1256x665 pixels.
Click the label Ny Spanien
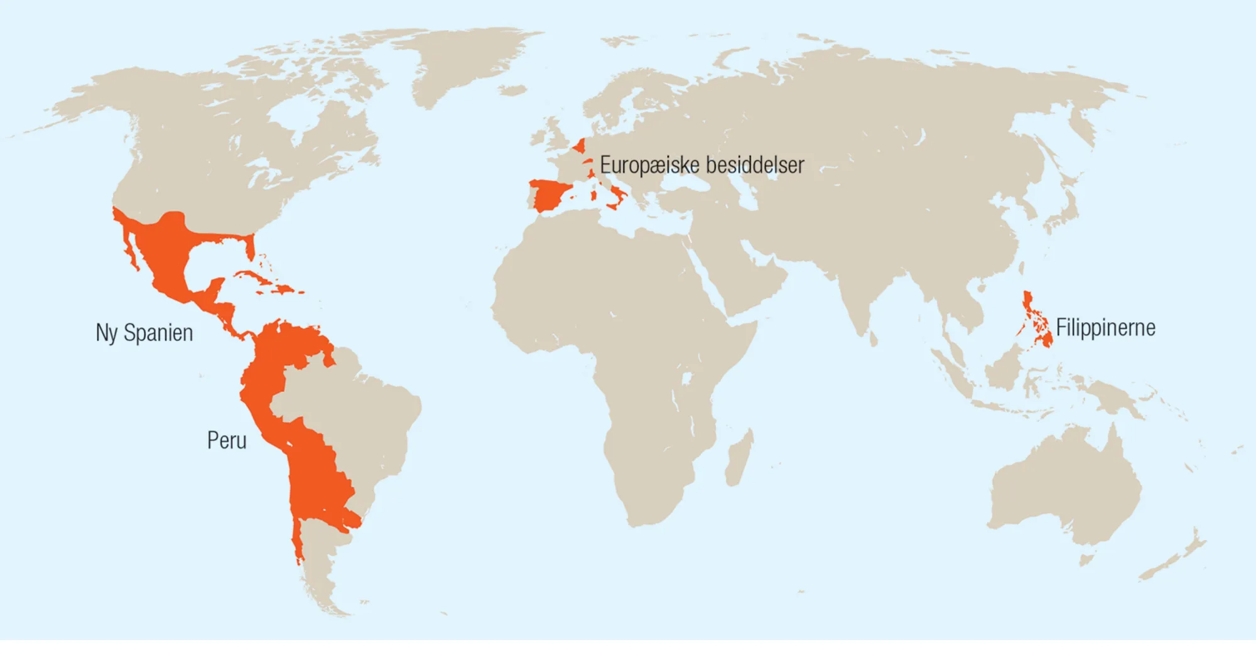pos(144,333)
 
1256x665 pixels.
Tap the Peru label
pos(227,440)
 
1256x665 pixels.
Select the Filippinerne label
pos(1105,328)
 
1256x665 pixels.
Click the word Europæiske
pos(649,165)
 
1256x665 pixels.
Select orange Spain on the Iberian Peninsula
pos(549,195)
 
